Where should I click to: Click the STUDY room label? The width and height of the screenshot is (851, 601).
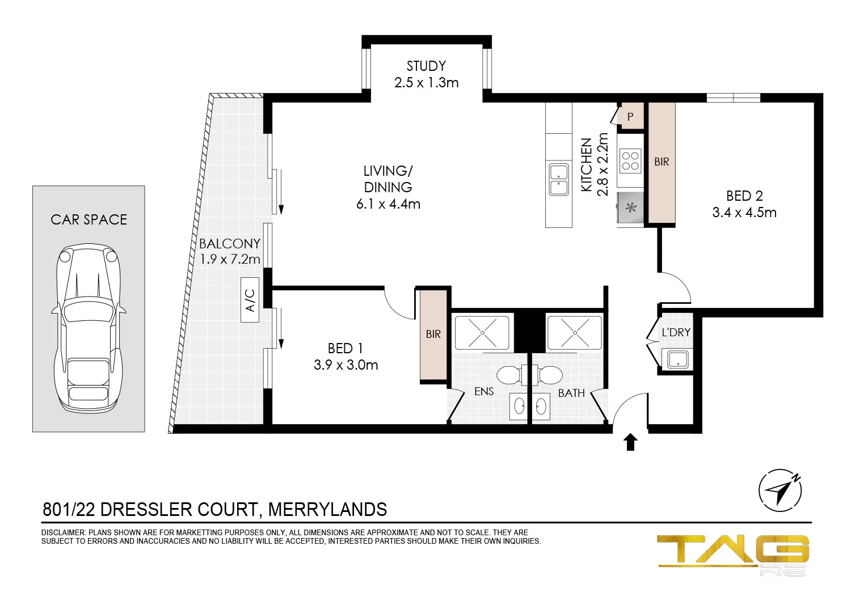426,66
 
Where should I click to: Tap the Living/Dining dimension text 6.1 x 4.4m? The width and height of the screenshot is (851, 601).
388,204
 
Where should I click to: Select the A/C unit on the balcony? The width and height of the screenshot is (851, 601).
250,300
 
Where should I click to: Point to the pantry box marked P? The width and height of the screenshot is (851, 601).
630,117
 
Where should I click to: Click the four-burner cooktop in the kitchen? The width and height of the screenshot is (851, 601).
630,160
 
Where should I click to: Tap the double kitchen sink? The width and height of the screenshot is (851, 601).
559,179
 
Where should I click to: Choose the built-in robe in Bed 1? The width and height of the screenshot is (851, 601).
433,335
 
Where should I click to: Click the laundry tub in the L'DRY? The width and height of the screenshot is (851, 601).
678,359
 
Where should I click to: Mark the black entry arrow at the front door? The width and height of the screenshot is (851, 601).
630,442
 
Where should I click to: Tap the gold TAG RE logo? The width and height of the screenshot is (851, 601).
733,553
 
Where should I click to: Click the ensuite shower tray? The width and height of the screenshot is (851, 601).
482,332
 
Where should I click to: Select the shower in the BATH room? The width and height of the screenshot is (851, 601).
574,332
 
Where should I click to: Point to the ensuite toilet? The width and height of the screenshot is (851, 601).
510,375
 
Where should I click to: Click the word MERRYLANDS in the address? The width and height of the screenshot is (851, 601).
327,510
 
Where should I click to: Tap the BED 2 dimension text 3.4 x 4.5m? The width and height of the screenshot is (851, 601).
744,213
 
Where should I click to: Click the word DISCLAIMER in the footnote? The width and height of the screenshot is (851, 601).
63,533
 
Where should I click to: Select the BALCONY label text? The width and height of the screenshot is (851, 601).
230,244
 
